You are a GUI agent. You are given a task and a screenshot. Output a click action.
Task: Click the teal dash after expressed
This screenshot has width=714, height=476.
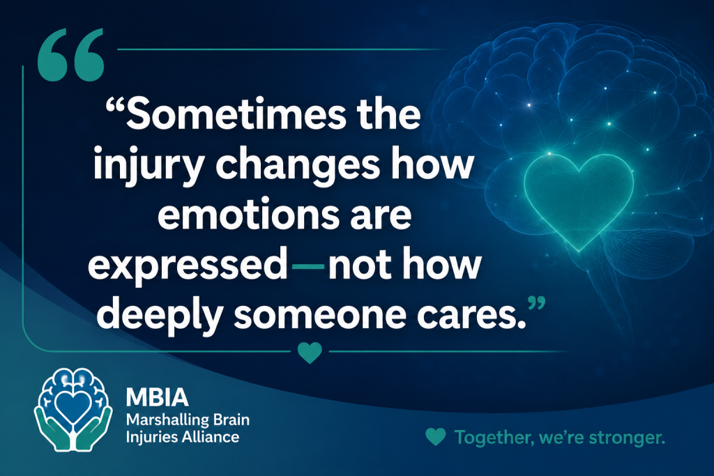[307, 266]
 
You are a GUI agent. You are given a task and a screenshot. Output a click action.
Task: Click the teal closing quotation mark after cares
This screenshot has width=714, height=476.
[536, 303]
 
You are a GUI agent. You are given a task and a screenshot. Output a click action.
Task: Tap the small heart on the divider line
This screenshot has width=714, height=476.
[310, 353]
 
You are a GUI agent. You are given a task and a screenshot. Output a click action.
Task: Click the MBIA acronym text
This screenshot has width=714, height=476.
[157, 397]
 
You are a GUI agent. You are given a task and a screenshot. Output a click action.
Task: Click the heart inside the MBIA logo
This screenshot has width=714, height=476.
[73, 404]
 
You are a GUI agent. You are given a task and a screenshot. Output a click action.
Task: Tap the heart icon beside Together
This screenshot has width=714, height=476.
[436, 437]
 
